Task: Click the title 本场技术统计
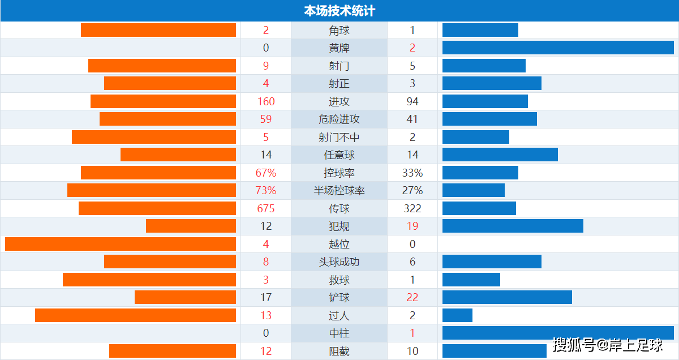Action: (x=339, y=10)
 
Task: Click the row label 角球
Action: (x=339, y=31)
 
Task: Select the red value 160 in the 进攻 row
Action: (x=266, y=102)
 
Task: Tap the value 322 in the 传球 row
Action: (x=412, y=208)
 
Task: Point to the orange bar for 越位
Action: (x=121, y=244)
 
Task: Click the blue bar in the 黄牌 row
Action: (x=558, y=48)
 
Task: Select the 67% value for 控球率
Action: (x=266, y=173)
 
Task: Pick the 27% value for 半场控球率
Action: (x=412, y=191)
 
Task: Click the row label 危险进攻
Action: (x=339, y=119)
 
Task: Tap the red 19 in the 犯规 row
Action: (x=412, y=226)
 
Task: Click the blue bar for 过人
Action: (x=457, y=315)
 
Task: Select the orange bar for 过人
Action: (x=135, y=315)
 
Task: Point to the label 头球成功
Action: (x=339, y=262)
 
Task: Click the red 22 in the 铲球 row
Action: (x=412, y=298)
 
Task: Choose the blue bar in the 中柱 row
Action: (x=558, y=333)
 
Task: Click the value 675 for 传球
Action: (x=266, y=208)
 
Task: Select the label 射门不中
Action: (x=339, y=138)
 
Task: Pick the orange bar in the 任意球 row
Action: (x=178, y=155)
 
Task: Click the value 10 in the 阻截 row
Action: (x=412, y=351)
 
